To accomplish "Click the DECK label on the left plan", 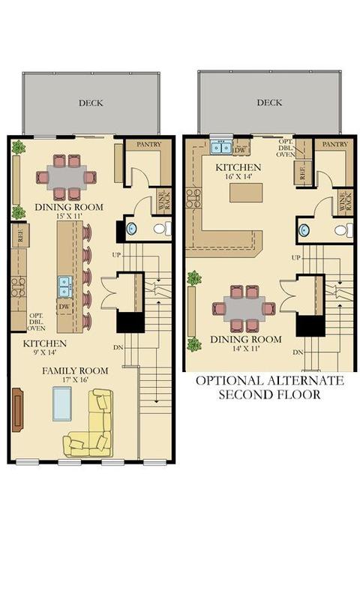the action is tap(91, 103).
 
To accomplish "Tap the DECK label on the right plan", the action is tap(269, 103).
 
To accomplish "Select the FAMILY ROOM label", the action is tap(75, 370).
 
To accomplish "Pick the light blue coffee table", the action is tap(62, 403).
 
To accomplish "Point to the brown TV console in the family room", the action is tap(17, 409).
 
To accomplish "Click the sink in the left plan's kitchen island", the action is tap(65, 286).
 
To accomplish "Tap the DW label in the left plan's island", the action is tap(64, 306).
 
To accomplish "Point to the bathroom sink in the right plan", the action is tap(304, 230).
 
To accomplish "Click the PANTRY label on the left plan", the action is tap(148, 144).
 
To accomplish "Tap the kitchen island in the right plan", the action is tap(246, 193).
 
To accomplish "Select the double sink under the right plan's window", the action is tap(221, 147).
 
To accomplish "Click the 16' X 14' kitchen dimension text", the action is tap(238, 177).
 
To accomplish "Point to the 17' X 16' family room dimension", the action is tap(75, 379).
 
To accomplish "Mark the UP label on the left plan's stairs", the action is tap(116, 254).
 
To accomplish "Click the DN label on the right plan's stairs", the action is tap(298, 352).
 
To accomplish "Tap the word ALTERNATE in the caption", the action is tap(303, 381).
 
